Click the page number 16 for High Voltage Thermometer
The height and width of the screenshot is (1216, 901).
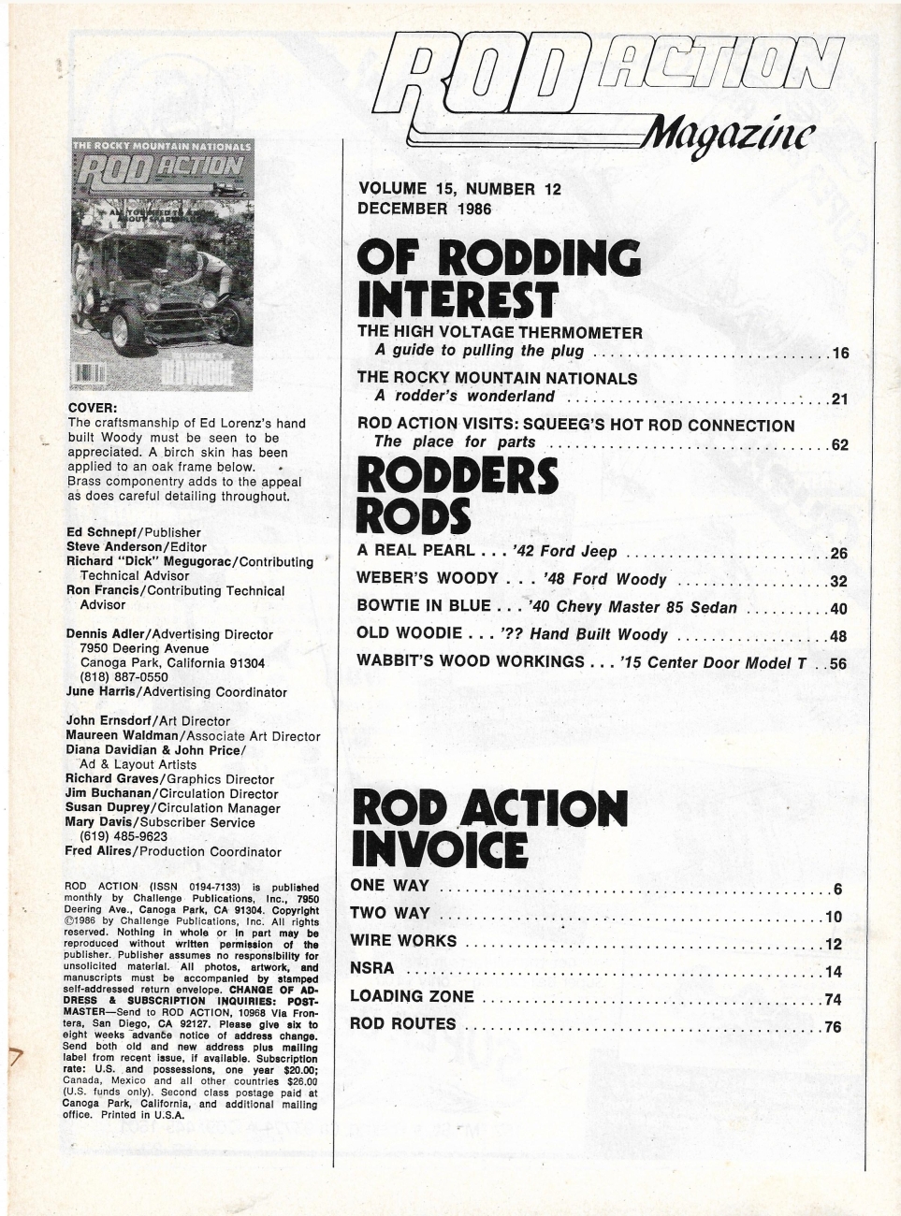tap(839, 354)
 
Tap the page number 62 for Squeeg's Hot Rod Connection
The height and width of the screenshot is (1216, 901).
tap(839, 445)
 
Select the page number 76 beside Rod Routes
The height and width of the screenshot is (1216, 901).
tap(833, 1027)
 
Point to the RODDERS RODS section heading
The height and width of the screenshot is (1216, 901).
tap(458, 495)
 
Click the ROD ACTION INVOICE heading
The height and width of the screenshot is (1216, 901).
tap(487, 826)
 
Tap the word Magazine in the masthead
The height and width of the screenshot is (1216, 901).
tap(734, 138)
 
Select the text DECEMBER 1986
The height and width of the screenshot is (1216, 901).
tap(424, 208)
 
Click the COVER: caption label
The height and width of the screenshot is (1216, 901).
tap(94, 408)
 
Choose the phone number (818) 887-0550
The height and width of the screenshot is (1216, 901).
tap(122, 677)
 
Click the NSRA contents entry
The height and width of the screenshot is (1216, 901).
tap(371, 968)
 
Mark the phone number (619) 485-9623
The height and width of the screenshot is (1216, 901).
tap(122, 836)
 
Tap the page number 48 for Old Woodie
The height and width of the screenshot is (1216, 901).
tap(838, 637)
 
